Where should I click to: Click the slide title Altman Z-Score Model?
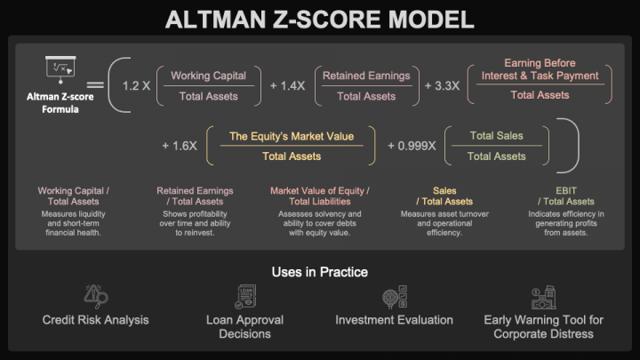click(x=319, y=19)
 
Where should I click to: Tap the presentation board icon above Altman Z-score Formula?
click(x=61, y=68)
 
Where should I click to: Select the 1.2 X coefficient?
click(x=136, y=86)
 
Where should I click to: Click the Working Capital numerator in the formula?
click(x=208, y=76)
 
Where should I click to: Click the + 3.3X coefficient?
click(x=442, y=86)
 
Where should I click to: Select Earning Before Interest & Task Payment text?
click(x=540, y=69)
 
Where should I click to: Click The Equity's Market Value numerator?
click(x=292, y=136)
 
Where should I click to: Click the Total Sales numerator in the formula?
click(x=496, y=136)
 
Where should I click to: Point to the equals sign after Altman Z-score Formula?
click(x=95, y=86)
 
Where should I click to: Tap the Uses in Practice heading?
click(x=319, y=271)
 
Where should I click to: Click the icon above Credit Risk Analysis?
click(x=95, y=297)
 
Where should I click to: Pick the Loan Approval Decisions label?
click(x=244, y=326)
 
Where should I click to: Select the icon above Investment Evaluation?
click(x=394, y=297)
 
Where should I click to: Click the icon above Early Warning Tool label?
click(x=543, y=297)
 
